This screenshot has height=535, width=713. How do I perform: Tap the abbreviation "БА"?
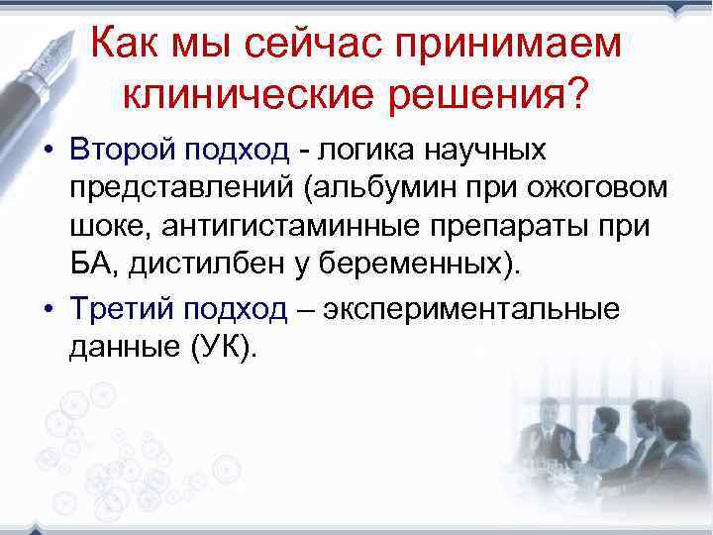tap(89, 267)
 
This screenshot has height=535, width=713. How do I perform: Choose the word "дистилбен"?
tap(199, 267)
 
